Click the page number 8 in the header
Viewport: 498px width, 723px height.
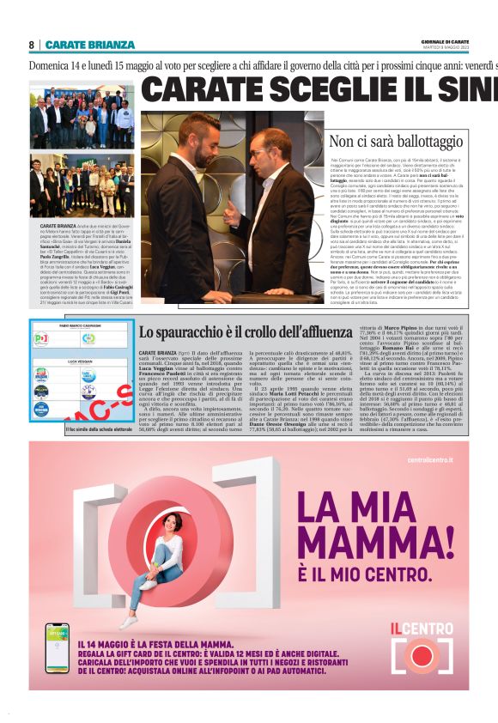point(32,45)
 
